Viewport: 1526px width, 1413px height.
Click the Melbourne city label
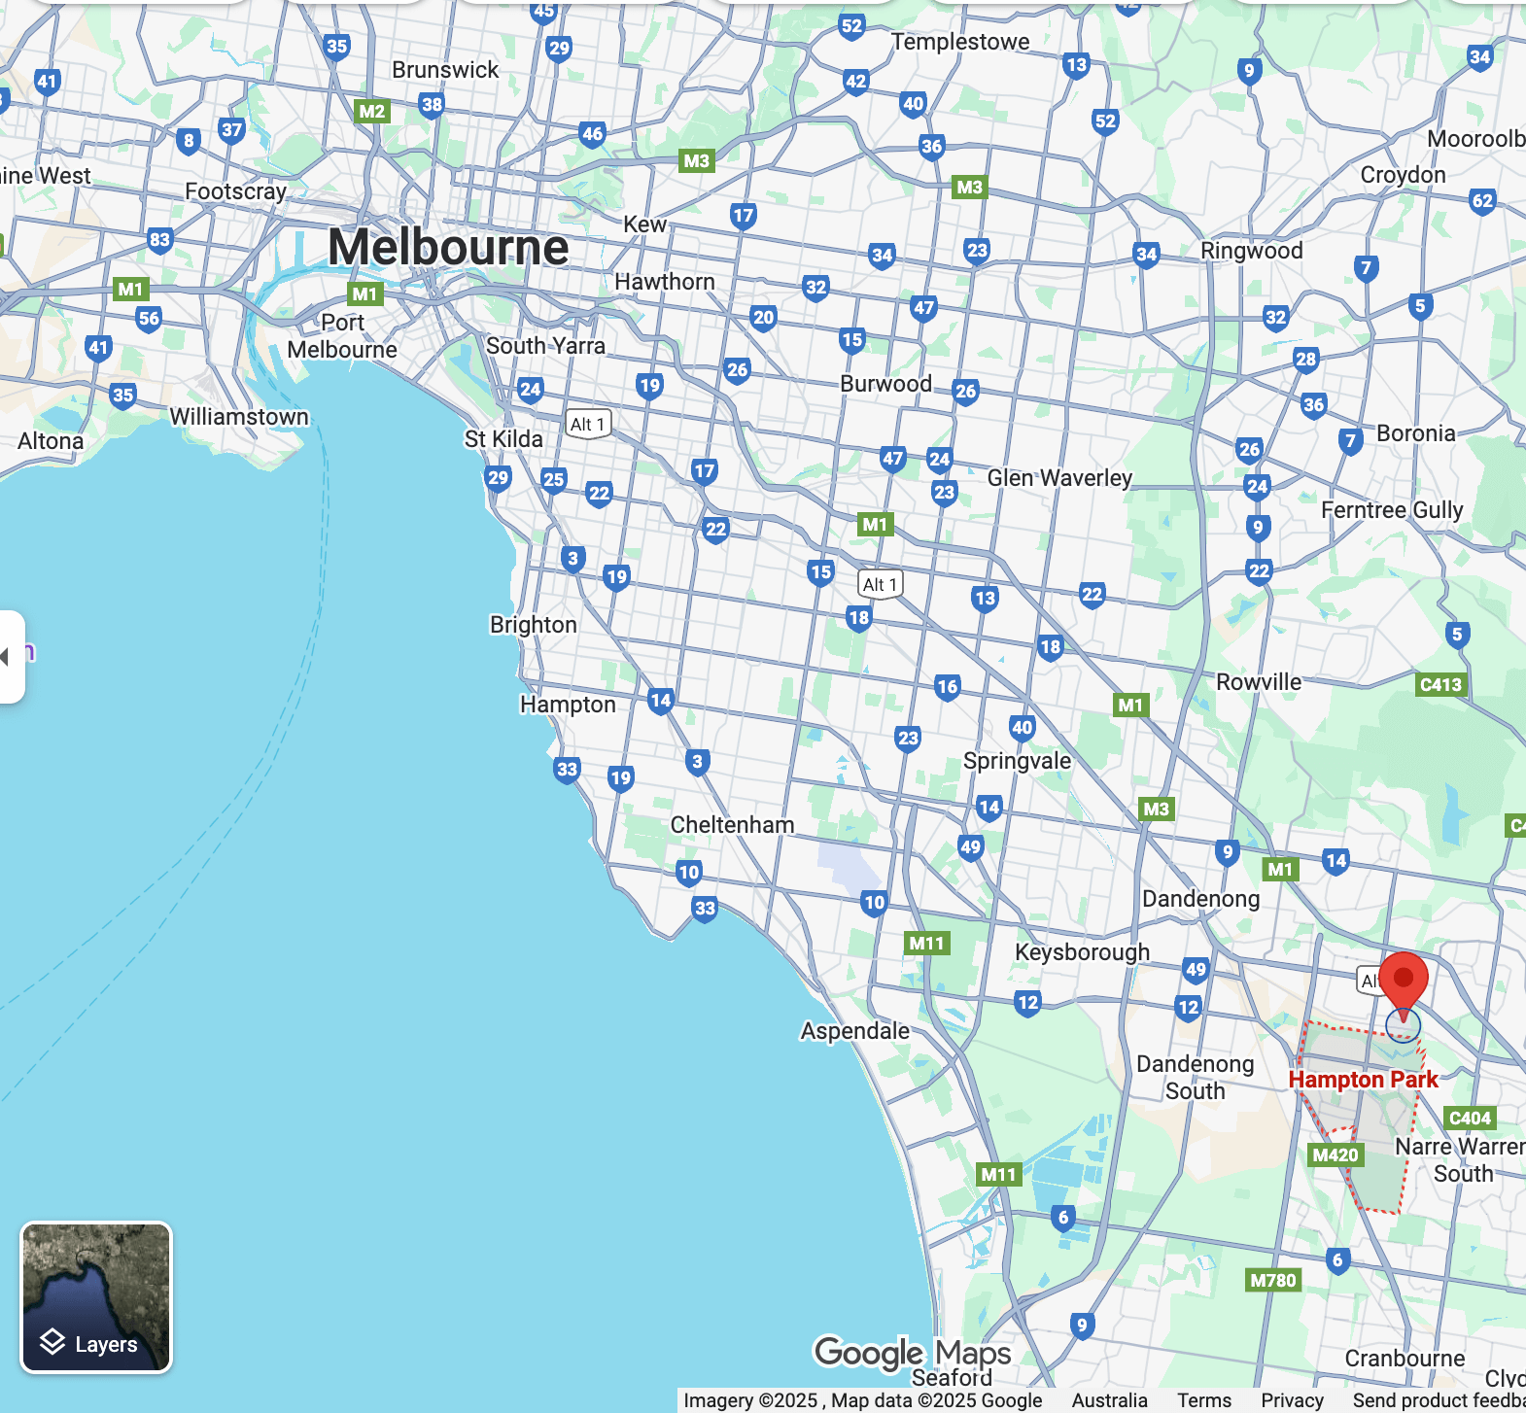pyautogui.click(x=448, y=247)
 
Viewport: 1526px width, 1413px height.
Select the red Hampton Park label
pyautogui.click(x=1363, y=1080)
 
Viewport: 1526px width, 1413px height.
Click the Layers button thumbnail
pyautogui.click(x=96, y=1296)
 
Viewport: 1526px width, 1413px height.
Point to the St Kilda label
pyautogui.click(x=503, y=439)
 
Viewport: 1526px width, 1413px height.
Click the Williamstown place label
pyautogui.click(x=239, y=417)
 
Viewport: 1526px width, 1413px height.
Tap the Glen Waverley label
pyautogui.click(x=1059, y=478)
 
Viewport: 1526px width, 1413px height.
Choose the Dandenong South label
pyautogui.click(x=1196, y=1078)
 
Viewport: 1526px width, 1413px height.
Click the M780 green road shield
pyautogui.click(x=1273, y=1280)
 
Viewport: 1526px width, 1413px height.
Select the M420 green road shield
pyautogui.click(x=1335, y=1155)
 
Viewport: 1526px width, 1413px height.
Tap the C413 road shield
pyautogui.click(x=1440, y=684)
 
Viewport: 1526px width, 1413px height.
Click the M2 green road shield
pyautogui.click(x=371, y=111)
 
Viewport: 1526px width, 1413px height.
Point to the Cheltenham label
pyautogui.click(x=732, y=825)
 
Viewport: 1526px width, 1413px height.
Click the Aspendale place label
pyautogui.click(x=855, y=1031)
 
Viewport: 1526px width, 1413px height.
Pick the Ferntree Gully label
pyautogui.click(x=1392, y=510)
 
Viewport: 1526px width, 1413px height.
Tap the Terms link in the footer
pyautogui.click(x=1204, y=1400)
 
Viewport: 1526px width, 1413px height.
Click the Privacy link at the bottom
pyautogui.click(x=1292, y=1400)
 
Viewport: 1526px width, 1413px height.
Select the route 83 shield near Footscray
pyautogui.click(x=159, y=240)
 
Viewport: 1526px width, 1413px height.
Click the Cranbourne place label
pyautogui.click(x=1405, y=1359)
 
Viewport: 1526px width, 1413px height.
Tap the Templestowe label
pyautogui.click(x=960, y=42)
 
